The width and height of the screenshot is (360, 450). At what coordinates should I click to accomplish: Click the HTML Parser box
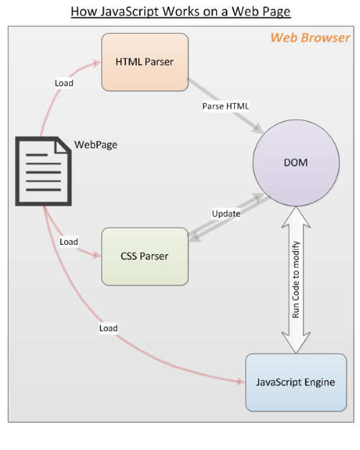(x=144, y=61)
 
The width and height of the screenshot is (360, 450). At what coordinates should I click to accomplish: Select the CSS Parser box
(x=144, y=256)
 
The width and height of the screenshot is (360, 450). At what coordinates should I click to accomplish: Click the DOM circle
(x=295, y=163)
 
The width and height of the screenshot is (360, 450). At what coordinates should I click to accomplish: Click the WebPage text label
(x=96, y=145)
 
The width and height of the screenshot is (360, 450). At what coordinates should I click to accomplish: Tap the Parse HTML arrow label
(x=225, y=107)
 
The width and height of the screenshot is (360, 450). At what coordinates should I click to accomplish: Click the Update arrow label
(x=225, y=214)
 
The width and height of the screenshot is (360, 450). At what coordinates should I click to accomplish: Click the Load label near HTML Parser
(x=64, y=83)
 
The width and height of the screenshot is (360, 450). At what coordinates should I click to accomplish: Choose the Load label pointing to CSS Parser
(x=69, y=242)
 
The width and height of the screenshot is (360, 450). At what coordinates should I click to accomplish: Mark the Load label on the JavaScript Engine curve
(x=108, y=328)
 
